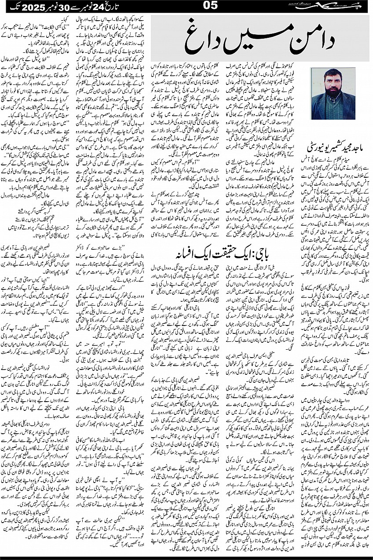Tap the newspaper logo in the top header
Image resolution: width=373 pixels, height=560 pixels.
(346, 6)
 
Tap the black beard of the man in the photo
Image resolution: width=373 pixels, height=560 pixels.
(333, 90)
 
